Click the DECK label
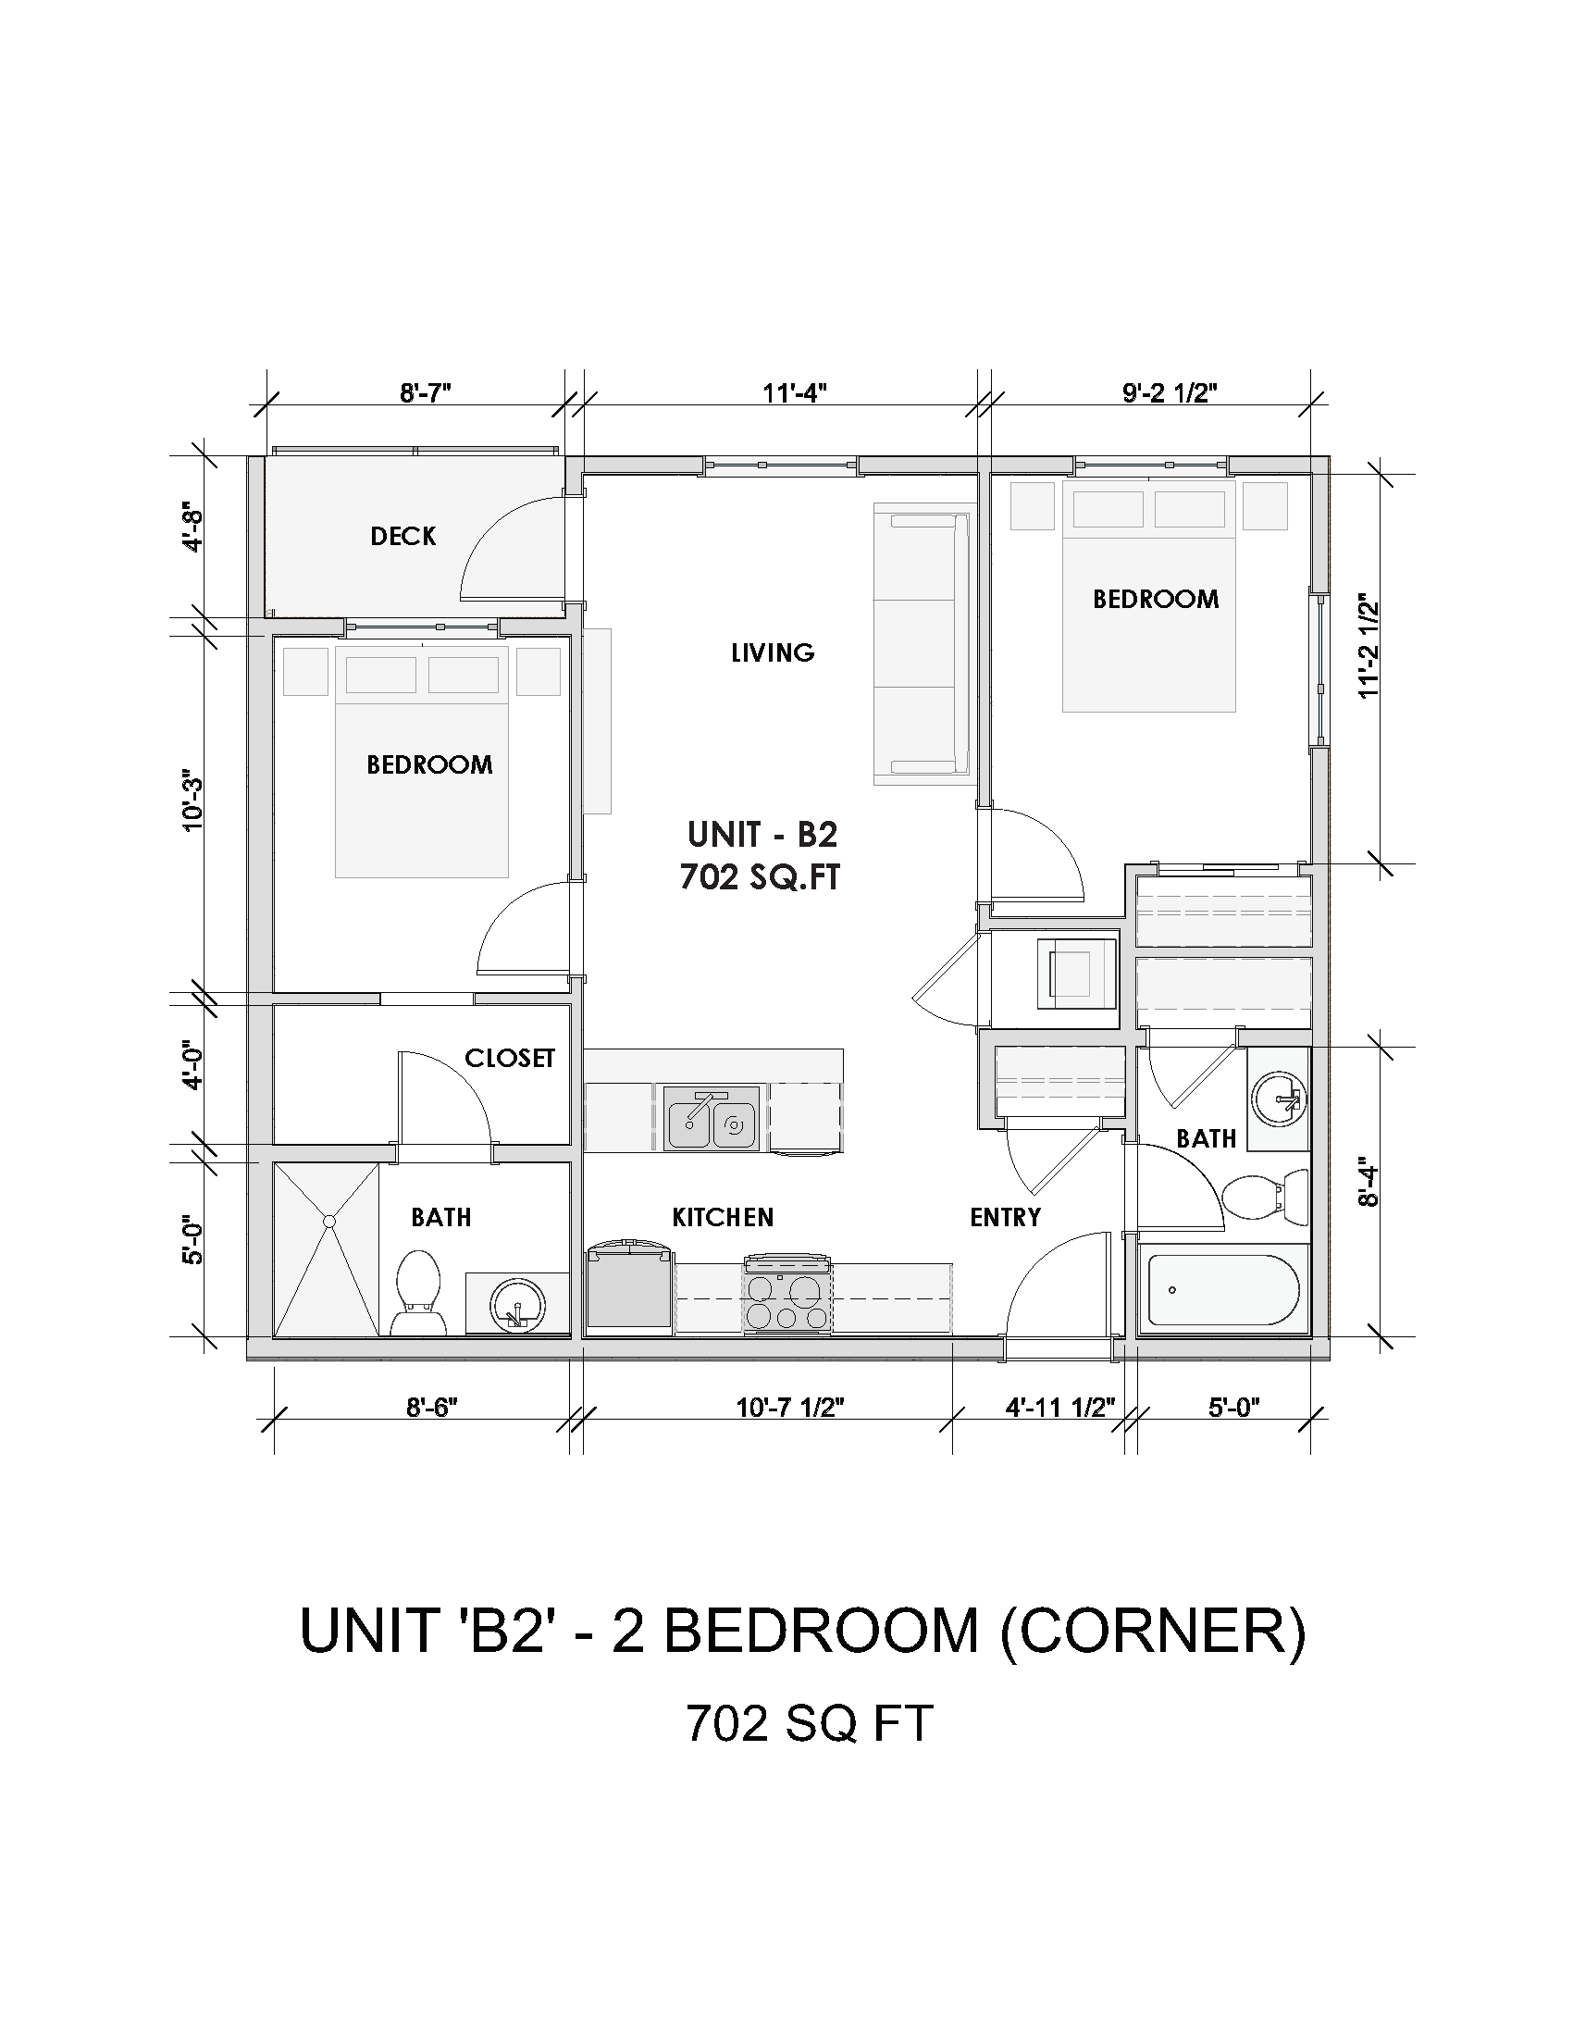click(x=403, y=536)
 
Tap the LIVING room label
click(x=773, y=652)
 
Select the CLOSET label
click(x=509, y=1058)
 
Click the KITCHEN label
click(x=723, y=1218)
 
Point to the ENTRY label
click(x=1005, y=1218)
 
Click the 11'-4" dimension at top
click(x=795, y=393)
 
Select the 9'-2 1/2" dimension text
click(x=1170, y=393)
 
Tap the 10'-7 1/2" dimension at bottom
click(x=789, y=1407)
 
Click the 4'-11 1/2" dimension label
click(x=1059, y=1407)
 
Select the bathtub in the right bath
click(x=1223, y=1291)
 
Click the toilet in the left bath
click(x=417, y=1292)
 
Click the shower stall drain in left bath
click(x=328, y=1221)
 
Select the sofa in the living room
click(x=921, y=643)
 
